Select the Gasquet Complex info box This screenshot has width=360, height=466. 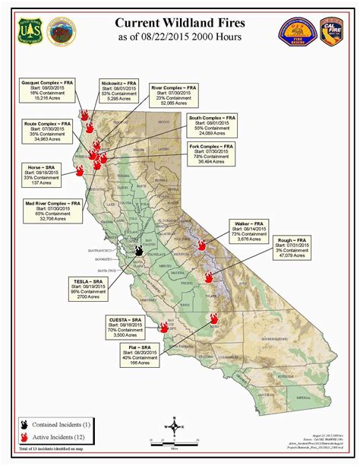pos(45,89)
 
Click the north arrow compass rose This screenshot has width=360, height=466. pos(175,426)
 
